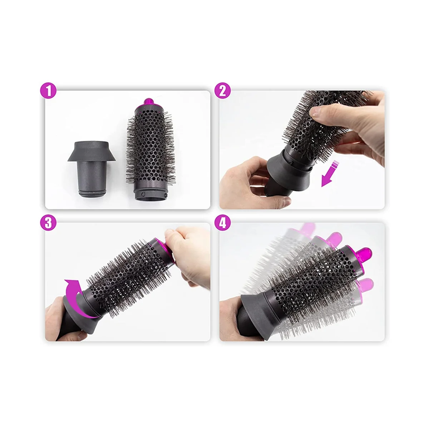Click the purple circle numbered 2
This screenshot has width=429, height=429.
223,91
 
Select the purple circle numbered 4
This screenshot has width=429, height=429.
223,223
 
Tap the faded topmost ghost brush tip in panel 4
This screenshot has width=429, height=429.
307,228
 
